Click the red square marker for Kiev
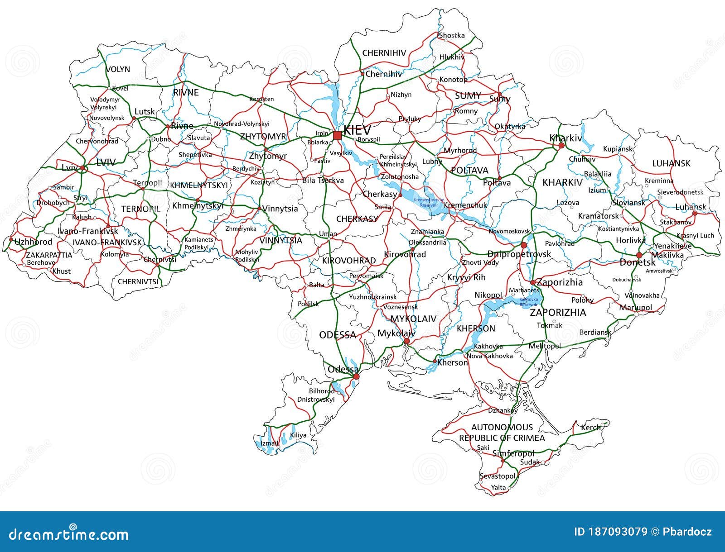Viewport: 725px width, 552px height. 337,135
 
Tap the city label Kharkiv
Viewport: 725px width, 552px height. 565,138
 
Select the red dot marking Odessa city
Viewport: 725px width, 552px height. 356,376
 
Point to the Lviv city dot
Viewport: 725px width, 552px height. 82,168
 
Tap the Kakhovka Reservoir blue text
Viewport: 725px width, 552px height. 528,302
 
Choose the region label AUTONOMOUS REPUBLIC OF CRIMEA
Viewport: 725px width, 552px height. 502,433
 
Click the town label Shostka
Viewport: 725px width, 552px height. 451,35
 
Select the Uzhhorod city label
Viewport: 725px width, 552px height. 34,242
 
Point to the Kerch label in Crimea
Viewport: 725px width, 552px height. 591,427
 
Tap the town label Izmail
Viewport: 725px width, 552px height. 270,443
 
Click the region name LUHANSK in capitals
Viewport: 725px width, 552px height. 671,163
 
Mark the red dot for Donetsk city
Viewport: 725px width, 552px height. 639,255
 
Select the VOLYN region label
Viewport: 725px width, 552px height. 118,69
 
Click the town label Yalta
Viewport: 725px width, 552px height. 498,488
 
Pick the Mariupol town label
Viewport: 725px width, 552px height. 636,308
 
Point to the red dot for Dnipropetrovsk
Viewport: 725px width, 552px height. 524,245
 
